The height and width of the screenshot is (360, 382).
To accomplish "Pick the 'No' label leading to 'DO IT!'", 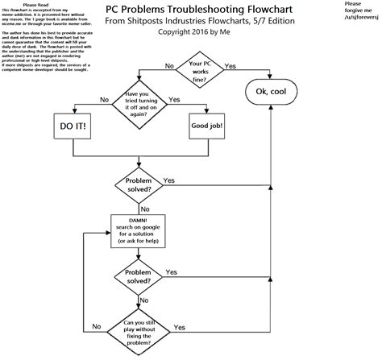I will (x=104, y=99).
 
